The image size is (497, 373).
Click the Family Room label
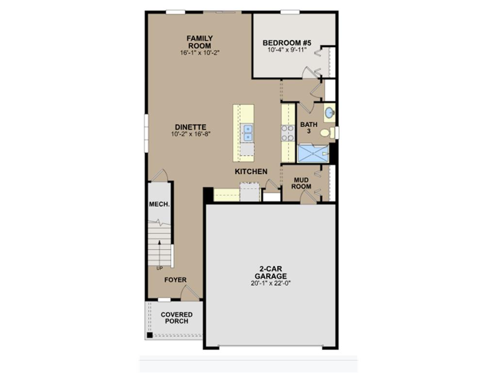click(x=199, y=42)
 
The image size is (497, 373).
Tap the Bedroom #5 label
click(x=287, y=43)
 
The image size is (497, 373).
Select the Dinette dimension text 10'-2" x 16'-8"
click(x=191, y=134)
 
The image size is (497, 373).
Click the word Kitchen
click(x=251, y=171)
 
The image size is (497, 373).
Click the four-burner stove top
click(x=288, y=133)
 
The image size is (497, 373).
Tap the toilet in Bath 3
click(x=327, y=133)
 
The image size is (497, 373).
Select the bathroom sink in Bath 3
click(x=330, y=113)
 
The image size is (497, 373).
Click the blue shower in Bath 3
click(x=313, y=153)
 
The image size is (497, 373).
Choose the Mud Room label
click(x=301, y=183)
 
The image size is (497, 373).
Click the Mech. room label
click(x=159, y=204)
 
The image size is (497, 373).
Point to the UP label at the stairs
click(x=160, y=268)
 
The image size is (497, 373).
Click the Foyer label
click(x=175, y=280)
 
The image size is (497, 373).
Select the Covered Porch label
click(x=177, y=318)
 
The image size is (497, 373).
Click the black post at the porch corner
click(x=149, y=335)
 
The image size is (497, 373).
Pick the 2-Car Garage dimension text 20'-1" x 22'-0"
click(x=271, y=283)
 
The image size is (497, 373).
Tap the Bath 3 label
click(x=309, y=128)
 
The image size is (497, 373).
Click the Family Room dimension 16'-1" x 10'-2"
click(x=199, y=52)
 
